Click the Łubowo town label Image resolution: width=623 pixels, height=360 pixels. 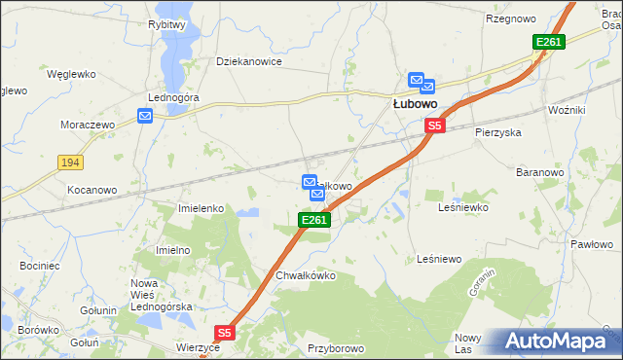[x=414, y=102]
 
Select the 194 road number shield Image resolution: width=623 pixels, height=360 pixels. [x=68, y=162]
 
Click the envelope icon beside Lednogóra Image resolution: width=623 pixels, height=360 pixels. [x=145, y=116]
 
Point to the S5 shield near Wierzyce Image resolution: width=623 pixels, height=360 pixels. [x=225, y=333]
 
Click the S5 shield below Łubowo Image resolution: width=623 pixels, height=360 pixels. [x=434, y=126]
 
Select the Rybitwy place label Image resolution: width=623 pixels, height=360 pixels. [x=166, y=24]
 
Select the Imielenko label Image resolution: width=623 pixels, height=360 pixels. [x=202, y=208]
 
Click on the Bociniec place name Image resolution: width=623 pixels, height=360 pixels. [x=39, y=265]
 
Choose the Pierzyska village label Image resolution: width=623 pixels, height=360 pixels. [x=498, y=131]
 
